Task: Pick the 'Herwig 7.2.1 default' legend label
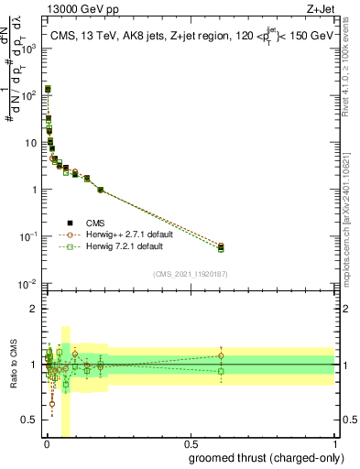(124, 246)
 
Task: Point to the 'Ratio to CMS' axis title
(14, 364)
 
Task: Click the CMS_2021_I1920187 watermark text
(191, 274)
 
